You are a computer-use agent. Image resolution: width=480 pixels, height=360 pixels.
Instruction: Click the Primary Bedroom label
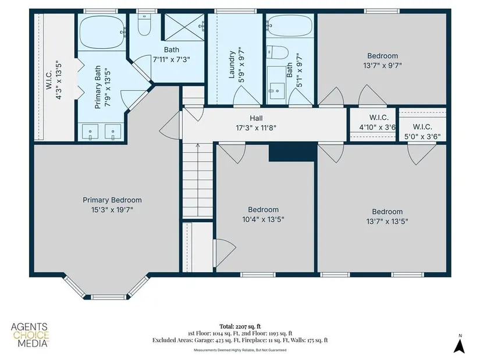click(x=112, y=200)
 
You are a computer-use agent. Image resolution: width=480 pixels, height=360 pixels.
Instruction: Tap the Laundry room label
click(x=232, y=65)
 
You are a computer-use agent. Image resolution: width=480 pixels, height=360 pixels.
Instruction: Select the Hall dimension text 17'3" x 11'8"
click(x=256, y=127)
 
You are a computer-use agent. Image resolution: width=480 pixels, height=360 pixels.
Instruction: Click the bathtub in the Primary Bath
click(x=102, y=33)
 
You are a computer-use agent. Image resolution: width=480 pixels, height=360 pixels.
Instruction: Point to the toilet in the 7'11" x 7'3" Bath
click(x=144, y=24)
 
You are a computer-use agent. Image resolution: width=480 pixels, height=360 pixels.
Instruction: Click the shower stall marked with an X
click(x=184, y=27)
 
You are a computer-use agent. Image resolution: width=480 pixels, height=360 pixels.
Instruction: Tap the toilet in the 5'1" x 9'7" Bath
click(x=278, y=53)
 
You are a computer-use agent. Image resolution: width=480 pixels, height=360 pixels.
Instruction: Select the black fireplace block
click(x=292, y=152)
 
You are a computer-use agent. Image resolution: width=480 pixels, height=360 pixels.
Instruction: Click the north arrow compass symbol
click(x=459, y=345)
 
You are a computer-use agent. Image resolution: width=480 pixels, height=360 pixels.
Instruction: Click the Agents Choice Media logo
click(x=30, y=335)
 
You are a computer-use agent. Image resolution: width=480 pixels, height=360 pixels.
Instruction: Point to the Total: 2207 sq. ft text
click(x=240, y=326)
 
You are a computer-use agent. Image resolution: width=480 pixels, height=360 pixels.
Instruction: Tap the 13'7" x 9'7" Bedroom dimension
click(x=382, y=66)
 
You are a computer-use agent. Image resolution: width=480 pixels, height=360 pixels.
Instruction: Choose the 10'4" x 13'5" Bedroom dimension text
click(x=263, y=219)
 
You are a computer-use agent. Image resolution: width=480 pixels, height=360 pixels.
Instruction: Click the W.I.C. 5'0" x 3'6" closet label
click(x=422, y=131)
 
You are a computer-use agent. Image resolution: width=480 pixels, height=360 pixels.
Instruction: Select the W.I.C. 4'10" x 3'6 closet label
click(x=378, y=122)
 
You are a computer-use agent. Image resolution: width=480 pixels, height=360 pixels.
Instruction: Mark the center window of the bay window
click(x=109, y=297)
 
